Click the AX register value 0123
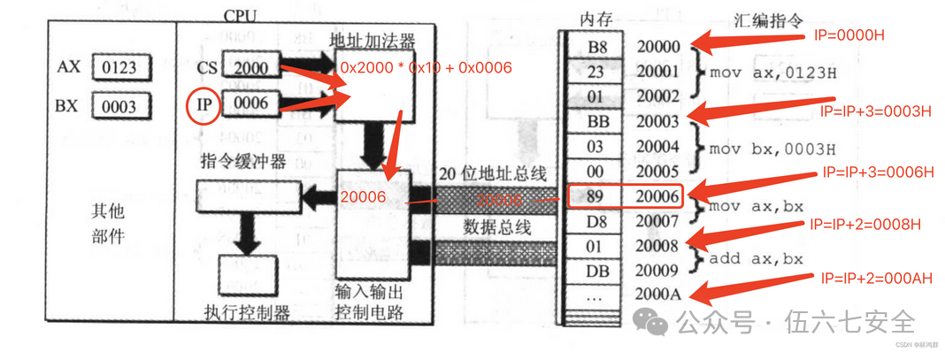click(120, 67)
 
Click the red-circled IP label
click(204, 104)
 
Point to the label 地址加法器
click(372, 41)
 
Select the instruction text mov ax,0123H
click(772, 73)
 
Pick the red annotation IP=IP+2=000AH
click(876, 278)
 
